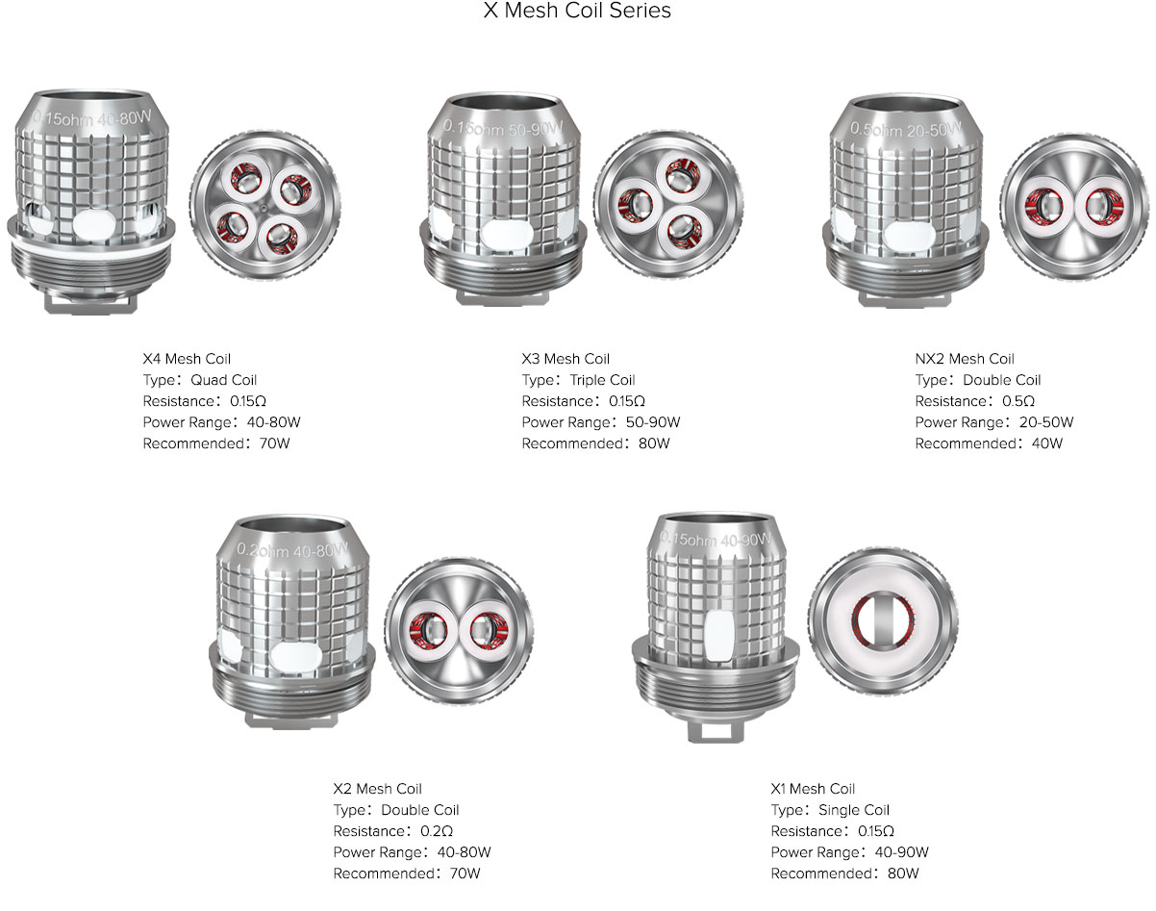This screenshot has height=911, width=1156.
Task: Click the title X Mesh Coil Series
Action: [577, 11]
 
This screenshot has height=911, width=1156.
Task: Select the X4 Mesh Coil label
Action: [187, 359]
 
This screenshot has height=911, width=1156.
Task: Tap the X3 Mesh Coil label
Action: [565, 359]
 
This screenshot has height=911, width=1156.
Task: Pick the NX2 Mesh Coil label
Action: [965, 359]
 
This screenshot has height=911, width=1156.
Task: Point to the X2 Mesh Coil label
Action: [378, 789]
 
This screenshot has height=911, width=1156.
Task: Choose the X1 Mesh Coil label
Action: [813, 789]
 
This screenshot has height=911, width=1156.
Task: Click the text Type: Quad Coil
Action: [200, 380]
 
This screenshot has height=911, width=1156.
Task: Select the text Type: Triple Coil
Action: [579, 380]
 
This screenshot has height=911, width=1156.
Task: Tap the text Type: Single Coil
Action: [831, 810]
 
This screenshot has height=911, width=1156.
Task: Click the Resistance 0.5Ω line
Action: [975, 401]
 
